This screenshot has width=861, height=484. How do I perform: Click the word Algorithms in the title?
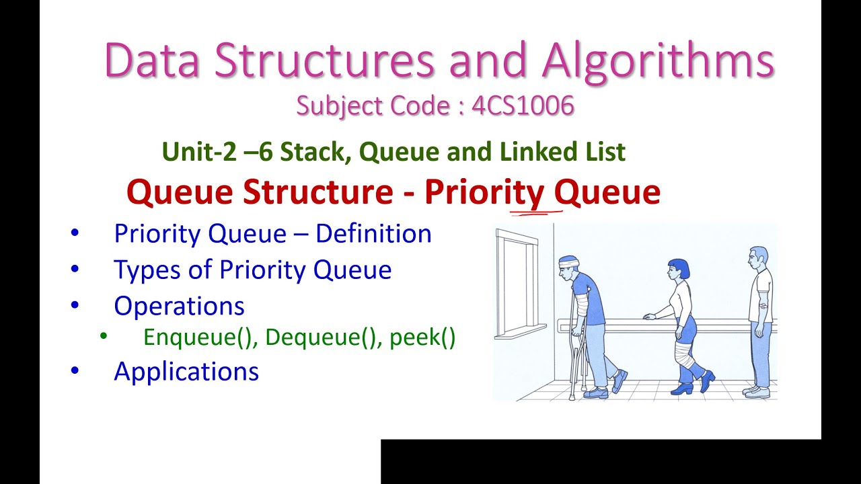click(x=658, y=61)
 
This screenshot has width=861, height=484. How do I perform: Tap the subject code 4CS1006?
click(x=523, y=106)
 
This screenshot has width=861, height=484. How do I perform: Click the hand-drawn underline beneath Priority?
click(x=536, y=213)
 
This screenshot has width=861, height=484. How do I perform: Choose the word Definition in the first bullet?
click(x=373, y=234)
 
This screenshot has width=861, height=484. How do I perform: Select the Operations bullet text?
click(x=179, y=306)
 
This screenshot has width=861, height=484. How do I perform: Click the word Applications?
click(x=186, y=371)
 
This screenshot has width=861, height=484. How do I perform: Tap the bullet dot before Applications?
click(x=75, y=371)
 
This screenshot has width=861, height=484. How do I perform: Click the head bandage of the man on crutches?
click(x=569, y=261)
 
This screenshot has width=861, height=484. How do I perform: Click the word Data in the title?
click(x=153, y=61)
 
